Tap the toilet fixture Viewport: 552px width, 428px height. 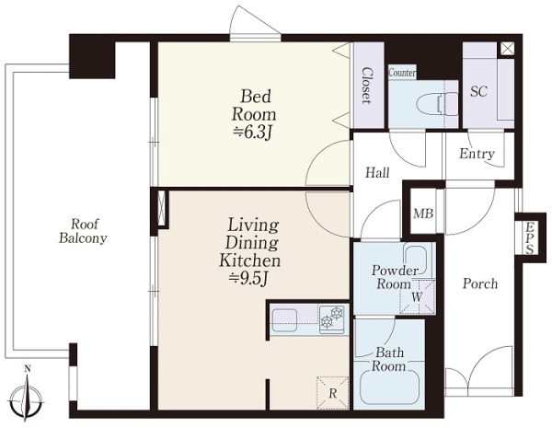coord(436,104)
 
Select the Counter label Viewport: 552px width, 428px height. coord(402,73)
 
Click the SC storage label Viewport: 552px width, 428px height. coord(479,92)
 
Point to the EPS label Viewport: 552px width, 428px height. coord(530,237)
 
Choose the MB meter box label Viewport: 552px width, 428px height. coord(423,214)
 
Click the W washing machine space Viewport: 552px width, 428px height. coord(418,296)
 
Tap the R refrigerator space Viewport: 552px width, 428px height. coord(333,393)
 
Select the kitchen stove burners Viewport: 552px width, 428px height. coord(332,319)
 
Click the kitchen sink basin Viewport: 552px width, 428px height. coord(284,320)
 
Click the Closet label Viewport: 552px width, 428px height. coord(366,86)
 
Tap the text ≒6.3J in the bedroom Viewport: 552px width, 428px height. coord(253,133)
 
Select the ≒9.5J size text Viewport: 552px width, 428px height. coord(249,279)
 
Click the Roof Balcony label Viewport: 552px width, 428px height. coord(83,231)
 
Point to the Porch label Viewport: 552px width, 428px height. coord(480,283)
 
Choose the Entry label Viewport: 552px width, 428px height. coord(477,154)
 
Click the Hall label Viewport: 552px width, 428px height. coord(377,173)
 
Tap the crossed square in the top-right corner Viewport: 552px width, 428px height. coord(507,49)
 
